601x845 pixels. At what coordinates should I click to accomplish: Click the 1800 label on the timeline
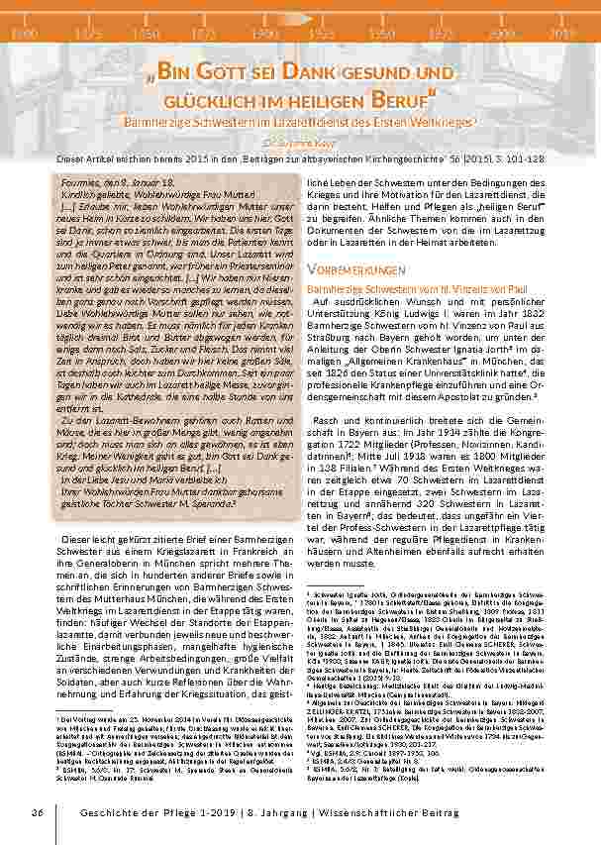pyautogui.click(x=19, y=34)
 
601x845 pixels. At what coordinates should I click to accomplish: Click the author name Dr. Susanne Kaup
pyautogui.click(x=300, y=140)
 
